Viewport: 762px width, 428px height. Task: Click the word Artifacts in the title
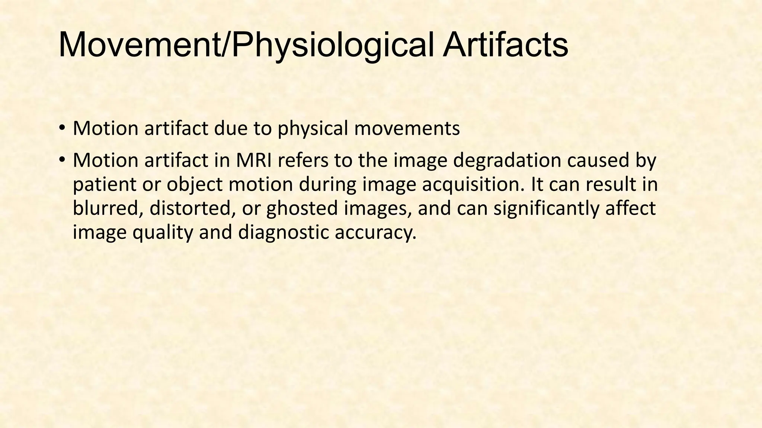505,45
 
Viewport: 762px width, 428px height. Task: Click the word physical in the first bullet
313,129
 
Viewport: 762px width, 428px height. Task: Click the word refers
303,160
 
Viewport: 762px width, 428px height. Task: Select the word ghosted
302,209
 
